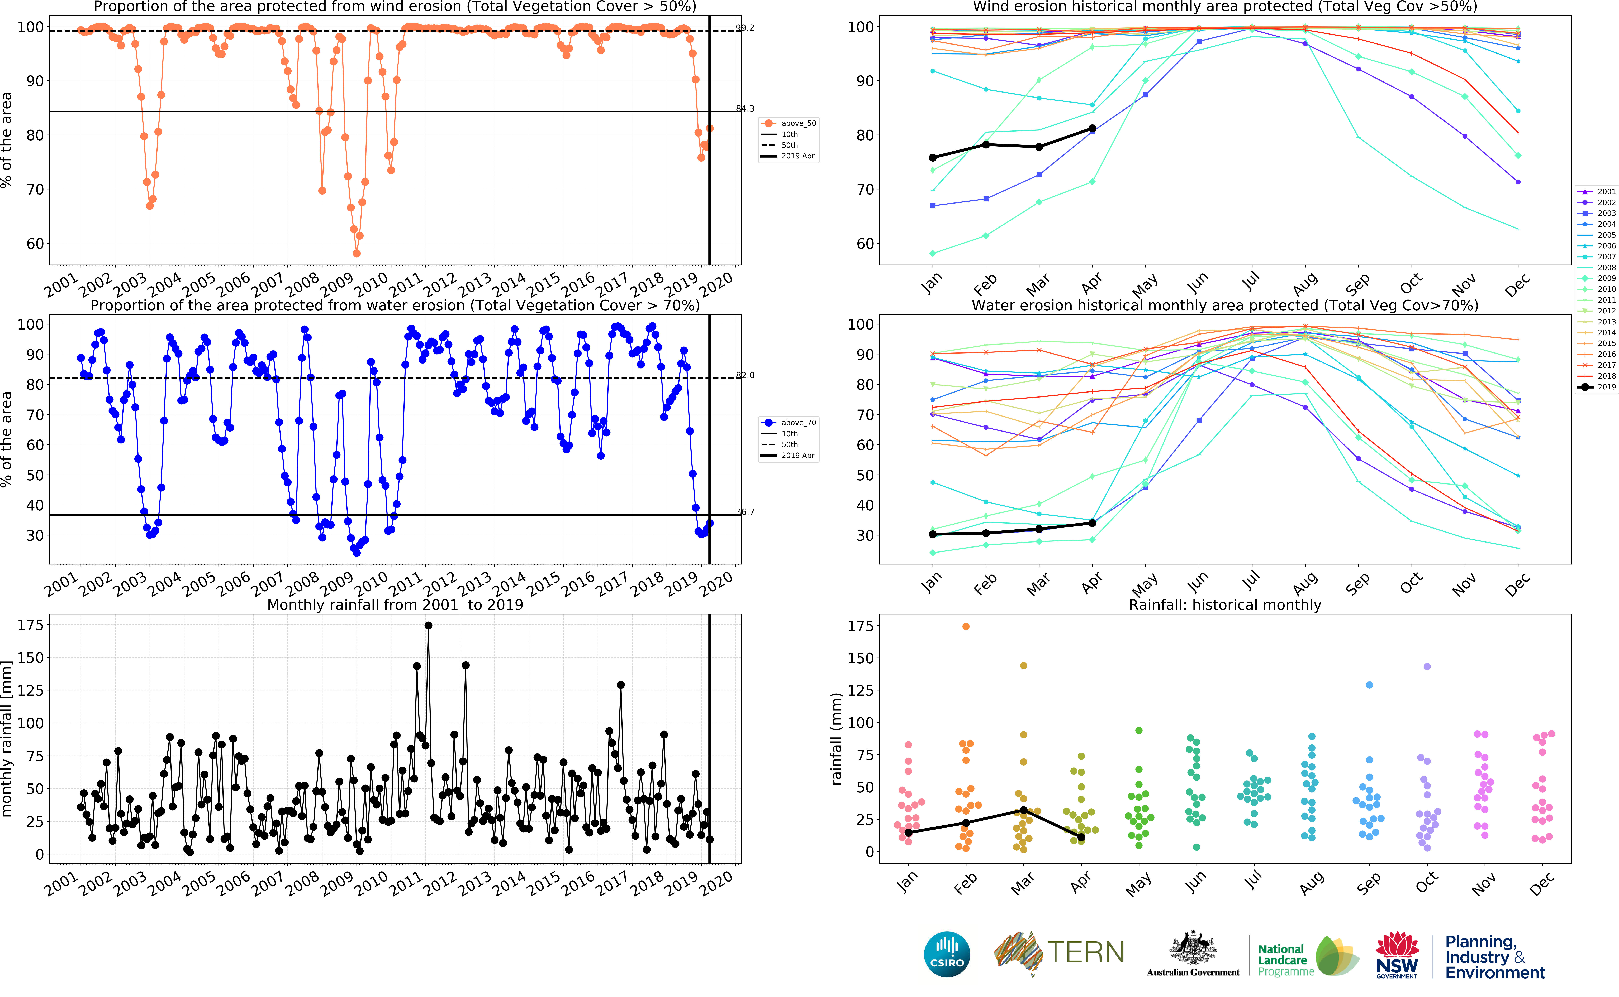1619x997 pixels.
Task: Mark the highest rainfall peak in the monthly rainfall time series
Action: coord(428,625)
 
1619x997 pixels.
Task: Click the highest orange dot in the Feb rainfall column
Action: coord(966,626)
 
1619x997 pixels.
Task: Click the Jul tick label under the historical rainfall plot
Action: coord(1252,879)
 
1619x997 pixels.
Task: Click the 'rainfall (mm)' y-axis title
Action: coord(837,739)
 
